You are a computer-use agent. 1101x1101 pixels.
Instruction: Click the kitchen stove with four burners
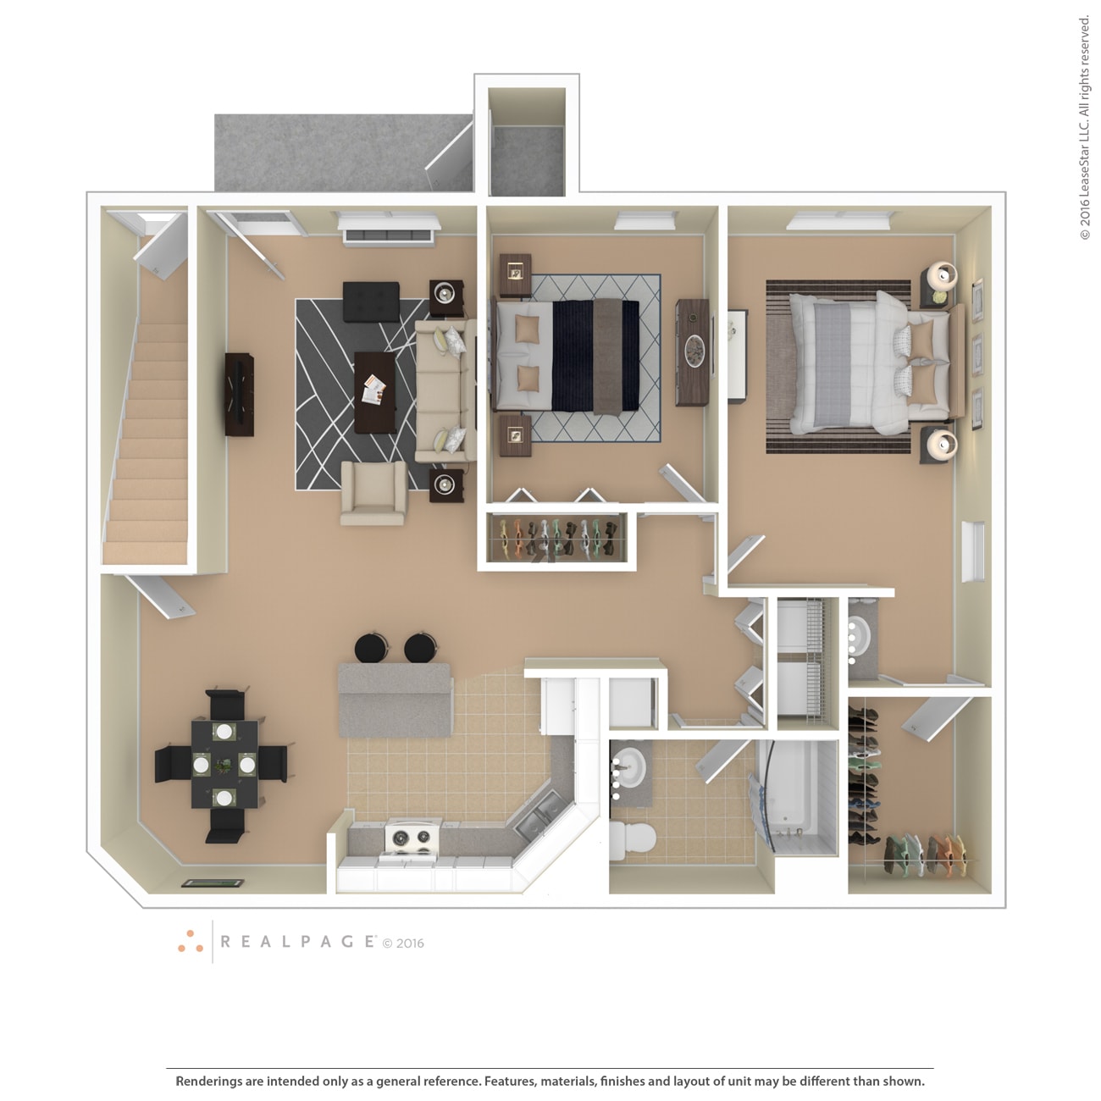click(x=413, y=838)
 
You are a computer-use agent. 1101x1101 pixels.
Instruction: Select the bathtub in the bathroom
click(x=796, y=796)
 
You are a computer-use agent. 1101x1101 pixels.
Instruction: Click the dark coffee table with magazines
click(x=375, y=392)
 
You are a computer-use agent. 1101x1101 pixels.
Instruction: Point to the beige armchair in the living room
click(x=373, y=493)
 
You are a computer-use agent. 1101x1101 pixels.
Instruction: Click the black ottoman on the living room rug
click(x=371, y=302)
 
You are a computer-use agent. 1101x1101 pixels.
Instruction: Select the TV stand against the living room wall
click(x=240, y=394)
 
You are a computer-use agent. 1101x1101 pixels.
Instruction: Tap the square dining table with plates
click(x=224, y=764)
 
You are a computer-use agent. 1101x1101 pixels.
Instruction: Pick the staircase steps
click(x=147, y=440)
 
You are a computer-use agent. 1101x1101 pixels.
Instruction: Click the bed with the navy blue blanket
click(x=567, y=355)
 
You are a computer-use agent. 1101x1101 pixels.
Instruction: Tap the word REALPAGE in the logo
click(x=297, y=942)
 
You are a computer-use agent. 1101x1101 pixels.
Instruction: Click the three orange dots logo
click(x=191, y=942)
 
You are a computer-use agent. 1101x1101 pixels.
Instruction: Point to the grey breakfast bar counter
click(x=396, y=700)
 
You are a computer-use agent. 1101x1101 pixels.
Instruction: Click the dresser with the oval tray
click(x=694, y=352)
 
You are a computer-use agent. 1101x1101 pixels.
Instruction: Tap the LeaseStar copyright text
click(x=1084, y=128)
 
